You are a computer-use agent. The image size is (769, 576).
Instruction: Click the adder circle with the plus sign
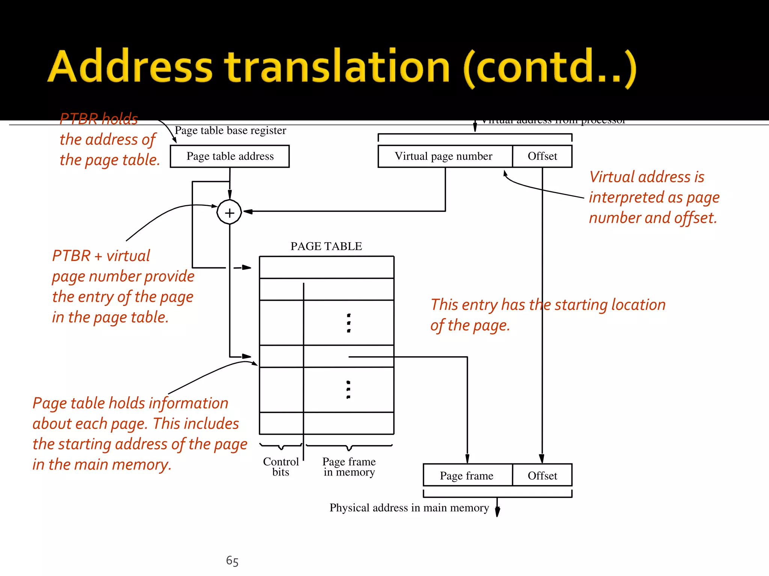229,212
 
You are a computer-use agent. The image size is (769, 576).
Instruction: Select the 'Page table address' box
230,156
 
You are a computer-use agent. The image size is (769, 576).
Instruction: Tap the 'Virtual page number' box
445,156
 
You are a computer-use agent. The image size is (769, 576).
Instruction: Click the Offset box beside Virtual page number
542,156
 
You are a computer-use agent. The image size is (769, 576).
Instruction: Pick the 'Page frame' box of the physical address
467,475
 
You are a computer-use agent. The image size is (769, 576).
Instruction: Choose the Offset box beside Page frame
542,475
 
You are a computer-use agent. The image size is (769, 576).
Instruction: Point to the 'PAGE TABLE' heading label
326,246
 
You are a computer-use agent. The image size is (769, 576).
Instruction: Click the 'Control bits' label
281,467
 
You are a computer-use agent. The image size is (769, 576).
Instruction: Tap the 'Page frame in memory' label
349,467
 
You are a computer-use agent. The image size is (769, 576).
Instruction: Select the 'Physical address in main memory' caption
409,508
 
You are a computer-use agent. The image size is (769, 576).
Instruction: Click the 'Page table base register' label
231,130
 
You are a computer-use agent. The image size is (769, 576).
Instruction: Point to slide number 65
232,561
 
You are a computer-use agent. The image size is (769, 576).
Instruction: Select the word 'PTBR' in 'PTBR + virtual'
71,256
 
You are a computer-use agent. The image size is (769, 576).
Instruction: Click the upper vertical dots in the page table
349,323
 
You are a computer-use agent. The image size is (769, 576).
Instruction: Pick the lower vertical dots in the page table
348,390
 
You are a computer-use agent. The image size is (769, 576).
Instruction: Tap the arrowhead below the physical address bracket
497,512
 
